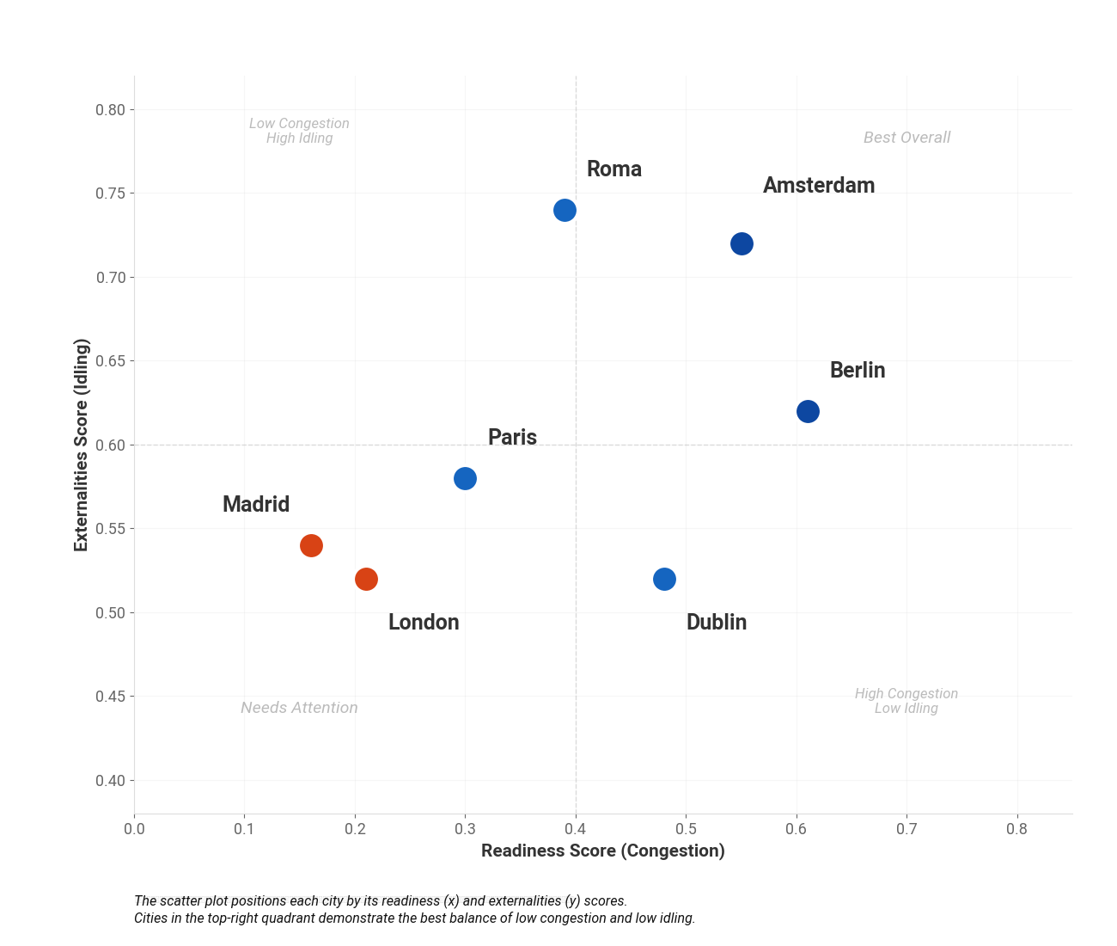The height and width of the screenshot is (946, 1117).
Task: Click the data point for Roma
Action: click(x=565, y=210)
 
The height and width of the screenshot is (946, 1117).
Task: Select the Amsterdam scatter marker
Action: click(x=742, y=243)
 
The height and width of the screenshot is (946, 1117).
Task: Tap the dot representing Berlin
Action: click(x=808, y=411)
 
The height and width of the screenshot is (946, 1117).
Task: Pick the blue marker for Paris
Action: click(x=465, y=478)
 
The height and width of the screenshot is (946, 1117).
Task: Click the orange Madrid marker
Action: click(x=311, y=545)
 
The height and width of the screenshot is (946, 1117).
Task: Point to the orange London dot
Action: click(x=366, y=579)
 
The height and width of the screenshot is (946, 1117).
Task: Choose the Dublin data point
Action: click(x=664, y=579)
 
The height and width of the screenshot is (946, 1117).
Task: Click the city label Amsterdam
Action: click(x=818, y=186)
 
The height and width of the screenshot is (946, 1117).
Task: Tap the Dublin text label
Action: click(x=716, y=623)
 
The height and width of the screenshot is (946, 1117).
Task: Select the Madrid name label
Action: click(x=256, y=505)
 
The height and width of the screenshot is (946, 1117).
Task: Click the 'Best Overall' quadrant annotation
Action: click(x=906, y=138)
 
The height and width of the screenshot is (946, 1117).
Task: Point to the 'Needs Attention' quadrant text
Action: click(x=299, y=708)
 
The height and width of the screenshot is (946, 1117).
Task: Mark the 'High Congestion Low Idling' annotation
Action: click(x=906, y=701)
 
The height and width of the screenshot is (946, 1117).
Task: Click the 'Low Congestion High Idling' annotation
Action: click(x=299, y=131)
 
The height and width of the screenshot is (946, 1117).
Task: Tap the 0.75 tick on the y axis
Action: click(x=110, y=193)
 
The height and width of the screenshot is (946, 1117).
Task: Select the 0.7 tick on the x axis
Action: click(x=906, y=829)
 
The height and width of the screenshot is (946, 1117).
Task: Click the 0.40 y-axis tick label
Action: click(x=110, y=780)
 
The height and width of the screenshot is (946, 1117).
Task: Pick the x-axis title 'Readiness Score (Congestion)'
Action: click(x=602, y=851)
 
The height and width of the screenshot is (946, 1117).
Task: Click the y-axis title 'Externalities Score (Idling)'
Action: click(x=82, y=445)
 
